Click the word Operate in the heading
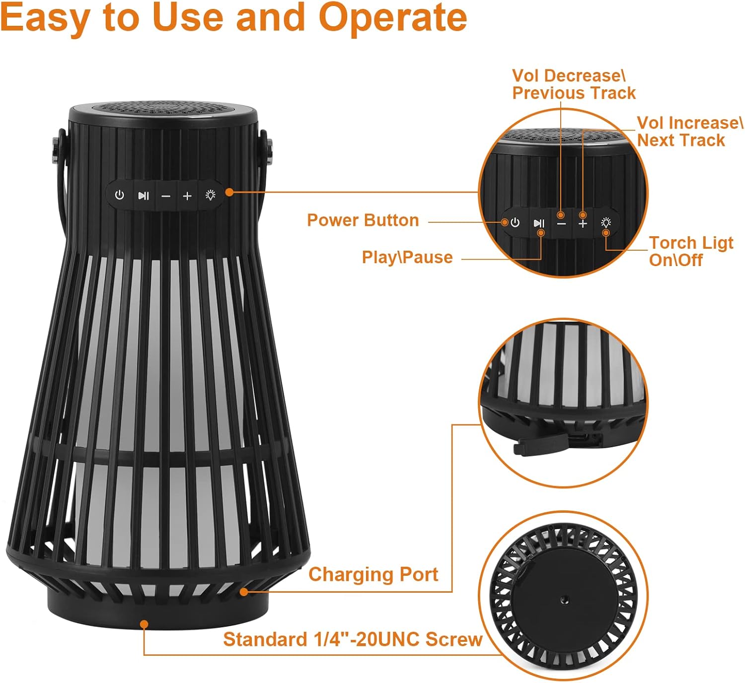pyautogui.click(x=392, y=18)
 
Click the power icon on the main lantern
pyautogui.click(x=120, y=195)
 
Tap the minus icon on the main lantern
pyautogui.click(x=166, y=196)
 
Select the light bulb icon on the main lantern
pyautogui.click(x=211, y=195)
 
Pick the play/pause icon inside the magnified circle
pyautogui.click(x=539, y=223)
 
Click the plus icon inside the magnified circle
pyautogui.click(x=583, y=224)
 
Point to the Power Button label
pyautogui.click(x=363, y=220)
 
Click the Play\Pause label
pyautogui.click(x=407, y=257)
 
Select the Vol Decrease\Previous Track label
pyautogui.click(x=573, y=84)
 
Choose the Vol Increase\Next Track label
pyautogui.click(x=689, y=132)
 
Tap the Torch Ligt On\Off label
pyautogui.click(x=690, y=251)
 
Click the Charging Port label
pyautogui.click(x=373, y=574)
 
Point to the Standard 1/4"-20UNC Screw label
pyautogui.click(x=352, y=639)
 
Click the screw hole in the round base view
pyautogui.click(x=564, y=600)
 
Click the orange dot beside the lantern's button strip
pyautogui.click(x=229, y=192)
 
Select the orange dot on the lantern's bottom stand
pyautogui.click(x=144, y=624)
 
